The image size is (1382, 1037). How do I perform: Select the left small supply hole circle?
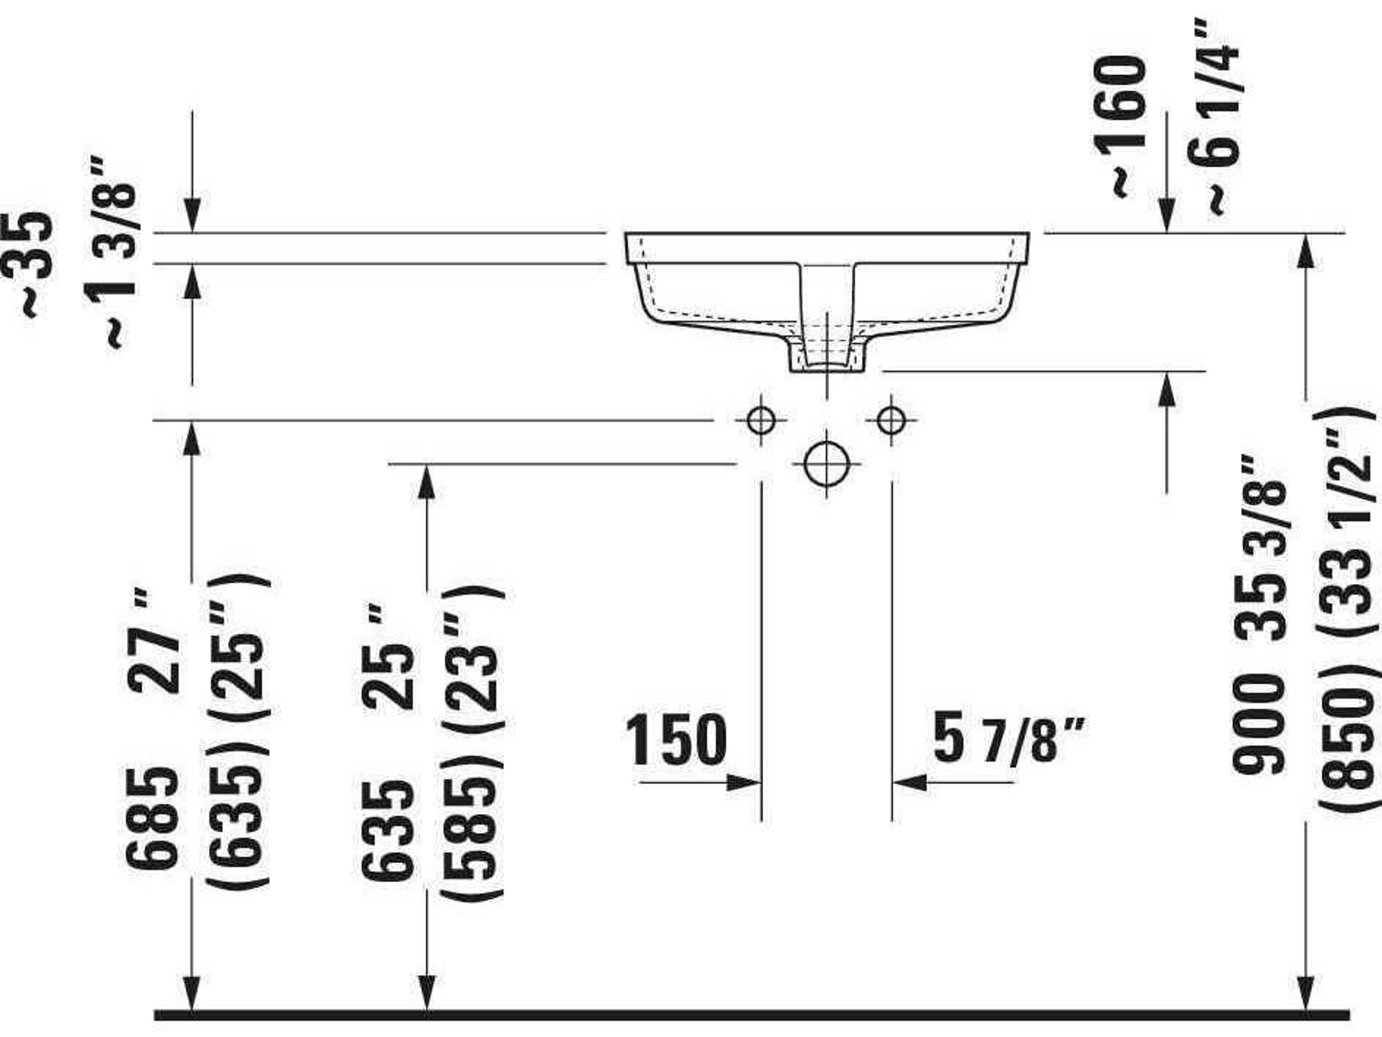pos(761,420)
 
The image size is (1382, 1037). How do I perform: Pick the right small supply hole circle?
pos(891,420)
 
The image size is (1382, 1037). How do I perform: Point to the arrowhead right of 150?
pos(744,782)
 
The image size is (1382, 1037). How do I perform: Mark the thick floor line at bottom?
pos(750,1015)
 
